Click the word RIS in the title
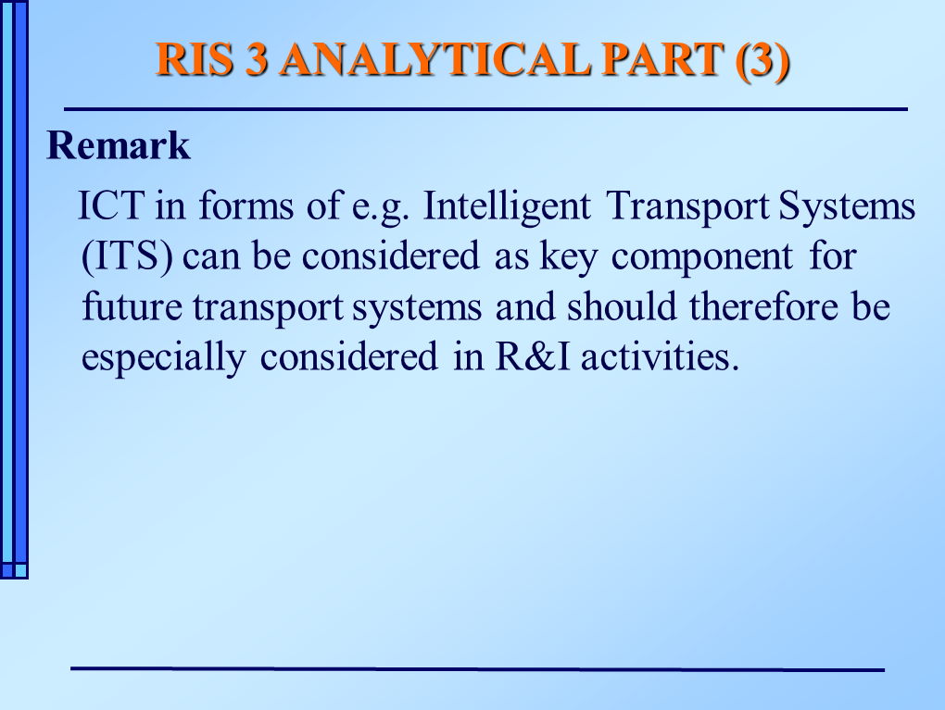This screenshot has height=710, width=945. (x=194, y=59)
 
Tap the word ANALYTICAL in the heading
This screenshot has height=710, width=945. (x=435, y=59)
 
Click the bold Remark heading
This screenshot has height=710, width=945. (x=119, y=145)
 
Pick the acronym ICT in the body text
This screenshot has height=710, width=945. (x=111, y=206)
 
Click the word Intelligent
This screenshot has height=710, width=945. (x=507, y=207)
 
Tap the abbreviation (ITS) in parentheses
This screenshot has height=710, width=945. (x=127, y=257)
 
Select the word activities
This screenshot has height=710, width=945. (x=660, y=356)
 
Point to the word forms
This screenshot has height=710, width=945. (x=246, y=206)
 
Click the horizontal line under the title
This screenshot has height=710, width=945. (x=485, y=109)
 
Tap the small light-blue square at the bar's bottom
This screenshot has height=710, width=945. (x=20, y=570)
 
